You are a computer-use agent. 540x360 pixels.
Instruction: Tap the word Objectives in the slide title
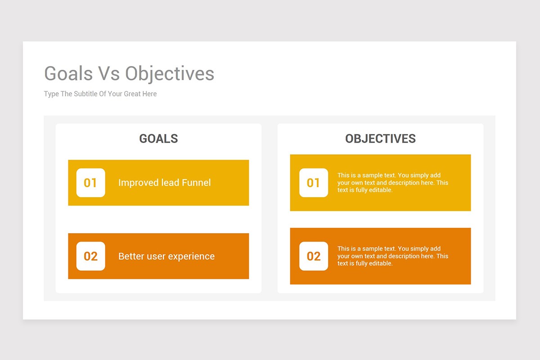coord(170,73)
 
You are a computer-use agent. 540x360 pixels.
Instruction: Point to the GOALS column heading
coord(158,139)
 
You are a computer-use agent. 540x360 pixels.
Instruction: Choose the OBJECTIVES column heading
coord(380,139)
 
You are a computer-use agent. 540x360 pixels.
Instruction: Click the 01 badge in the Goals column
coord(90,183)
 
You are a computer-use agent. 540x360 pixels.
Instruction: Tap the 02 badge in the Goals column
coord(90,256)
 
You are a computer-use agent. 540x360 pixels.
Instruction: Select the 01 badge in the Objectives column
coord(314,183)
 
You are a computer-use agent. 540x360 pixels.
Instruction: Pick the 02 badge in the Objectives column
coord(314,256)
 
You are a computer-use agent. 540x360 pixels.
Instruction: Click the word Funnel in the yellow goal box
coord(196,183)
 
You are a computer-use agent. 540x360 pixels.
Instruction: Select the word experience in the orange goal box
coord(192,256)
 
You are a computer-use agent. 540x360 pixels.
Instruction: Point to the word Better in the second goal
coord(131,256)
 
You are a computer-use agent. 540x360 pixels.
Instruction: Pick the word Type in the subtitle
coord(51,94)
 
